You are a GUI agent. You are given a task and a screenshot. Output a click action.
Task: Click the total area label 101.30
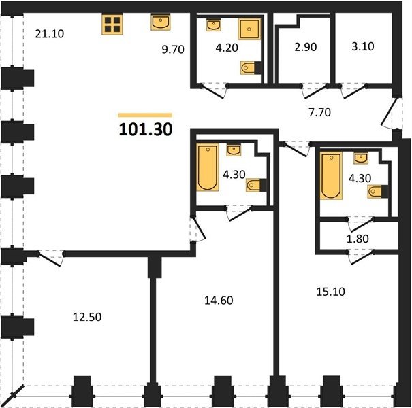[x=146, y=129]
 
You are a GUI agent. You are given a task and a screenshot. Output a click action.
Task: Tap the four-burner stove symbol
[x=112, y=24]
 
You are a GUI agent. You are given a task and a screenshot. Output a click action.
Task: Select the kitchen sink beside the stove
[x=160, y=22]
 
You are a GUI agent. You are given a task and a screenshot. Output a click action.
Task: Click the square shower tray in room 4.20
[x=249, y=29]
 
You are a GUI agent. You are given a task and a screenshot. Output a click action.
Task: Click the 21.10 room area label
[x=50, y=34]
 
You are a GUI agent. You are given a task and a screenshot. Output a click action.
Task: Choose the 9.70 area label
[x=173, y=50]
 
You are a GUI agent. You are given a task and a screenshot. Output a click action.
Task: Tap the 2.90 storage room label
[x=305, y=47]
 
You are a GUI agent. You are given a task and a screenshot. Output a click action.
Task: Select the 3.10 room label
[x=363, y=46]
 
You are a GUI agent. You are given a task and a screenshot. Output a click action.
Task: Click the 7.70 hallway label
[x=319, y=113]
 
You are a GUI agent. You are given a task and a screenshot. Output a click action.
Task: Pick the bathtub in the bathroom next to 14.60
[x=208, y=167]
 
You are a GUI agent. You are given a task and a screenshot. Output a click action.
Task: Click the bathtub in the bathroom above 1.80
[x=331, y=175]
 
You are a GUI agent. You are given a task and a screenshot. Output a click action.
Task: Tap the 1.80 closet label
[x=358, y=239]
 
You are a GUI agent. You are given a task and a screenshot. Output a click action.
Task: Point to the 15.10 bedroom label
[x=330, y=292]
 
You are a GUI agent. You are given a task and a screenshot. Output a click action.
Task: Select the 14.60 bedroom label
[x=219, y=301]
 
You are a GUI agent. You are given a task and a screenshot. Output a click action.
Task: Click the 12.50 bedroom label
[x=87, y=317]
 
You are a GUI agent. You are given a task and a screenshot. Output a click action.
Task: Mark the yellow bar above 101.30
[x=145, y=115]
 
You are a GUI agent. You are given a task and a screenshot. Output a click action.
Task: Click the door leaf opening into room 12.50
[x=50, y=259]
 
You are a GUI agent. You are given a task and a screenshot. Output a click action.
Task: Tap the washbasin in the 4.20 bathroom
[x=213, y=25]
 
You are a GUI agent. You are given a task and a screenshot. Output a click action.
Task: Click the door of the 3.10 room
[x=354, y=92]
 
